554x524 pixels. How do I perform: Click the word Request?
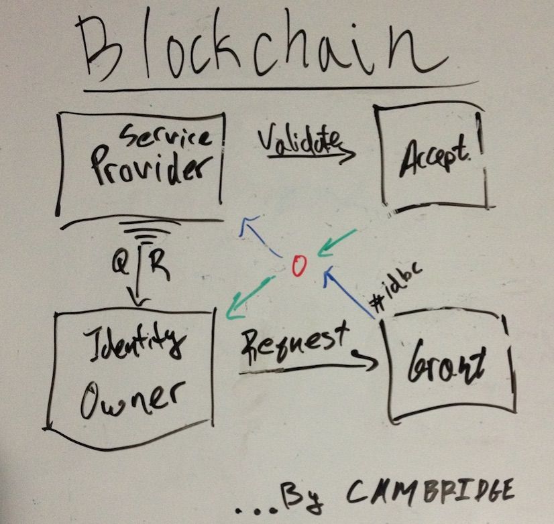coord(295,338)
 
